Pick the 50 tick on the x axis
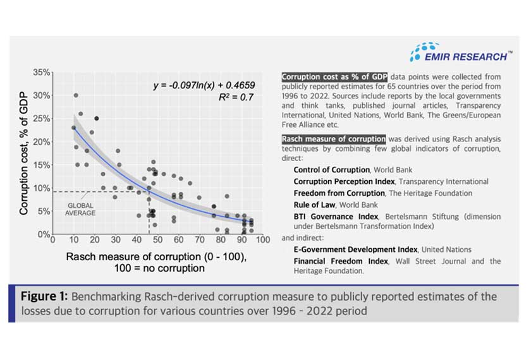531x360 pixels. click(x=158, y=241)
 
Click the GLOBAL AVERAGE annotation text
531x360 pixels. click(x=80, y=209)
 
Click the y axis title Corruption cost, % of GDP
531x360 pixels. click(x=24, y=153)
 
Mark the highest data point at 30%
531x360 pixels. click(x=76, y=95)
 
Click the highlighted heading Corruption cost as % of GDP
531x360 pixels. click(x=334, y=77)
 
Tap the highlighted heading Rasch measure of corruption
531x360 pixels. click(x=333, y=139)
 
